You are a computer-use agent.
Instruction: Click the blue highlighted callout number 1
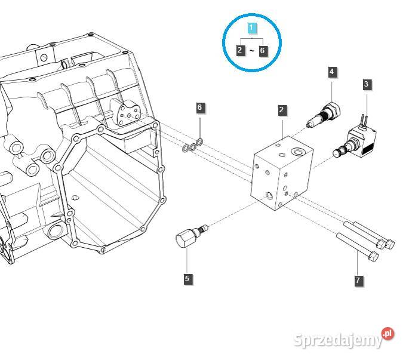(x=251, y=28)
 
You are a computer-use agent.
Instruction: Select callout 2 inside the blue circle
(x=240, y=50)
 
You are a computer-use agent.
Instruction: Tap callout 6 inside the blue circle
(x=262, y=50)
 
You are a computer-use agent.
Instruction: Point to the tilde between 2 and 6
(x=251, y=51)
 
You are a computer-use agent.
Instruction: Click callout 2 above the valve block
(x=281, y=110)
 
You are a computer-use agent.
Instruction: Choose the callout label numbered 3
(x=366, y=85)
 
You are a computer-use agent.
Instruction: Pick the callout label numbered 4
(x=331, y=72)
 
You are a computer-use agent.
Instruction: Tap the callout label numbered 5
(x=187, y=278)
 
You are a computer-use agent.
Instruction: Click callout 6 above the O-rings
(x=200, y=107)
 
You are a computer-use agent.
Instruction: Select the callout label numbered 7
(x=358, y=280)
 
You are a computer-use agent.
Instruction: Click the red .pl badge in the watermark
(x=388, y=333)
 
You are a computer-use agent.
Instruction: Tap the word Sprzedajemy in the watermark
(x=338, y=340)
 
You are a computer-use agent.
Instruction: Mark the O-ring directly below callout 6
(x=199, y=141)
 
